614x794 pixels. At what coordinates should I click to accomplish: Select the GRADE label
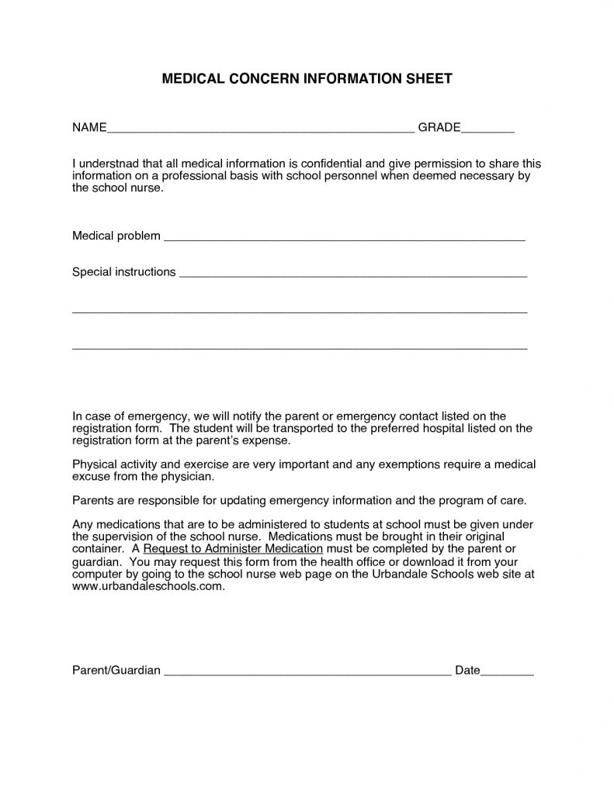439,126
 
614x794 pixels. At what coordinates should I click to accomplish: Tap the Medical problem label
116,236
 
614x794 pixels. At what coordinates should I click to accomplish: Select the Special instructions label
123,272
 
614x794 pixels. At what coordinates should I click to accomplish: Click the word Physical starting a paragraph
94,464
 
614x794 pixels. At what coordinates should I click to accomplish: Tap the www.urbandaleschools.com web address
148,586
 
